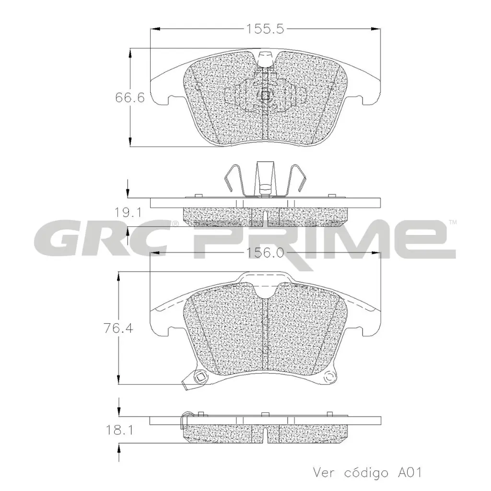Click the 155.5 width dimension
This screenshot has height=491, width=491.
pos(265,29)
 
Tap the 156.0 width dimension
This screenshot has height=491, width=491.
pos(265,253)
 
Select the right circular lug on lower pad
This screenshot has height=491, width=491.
pos(329,379)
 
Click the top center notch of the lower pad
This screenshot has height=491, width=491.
pos(265,288)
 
